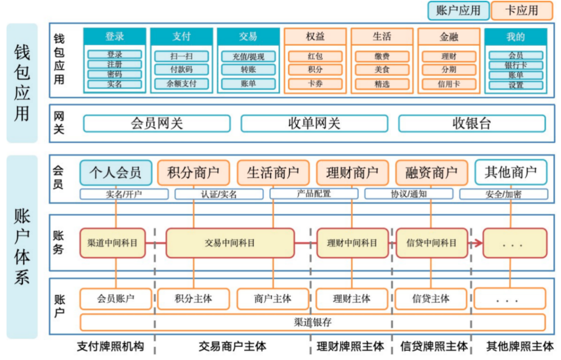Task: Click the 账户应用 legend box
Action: (458, 10)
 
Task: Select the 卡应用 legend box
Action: (522, 10)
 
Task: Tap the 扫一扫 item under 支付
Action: (181, 56)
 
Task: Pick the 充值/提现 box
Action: (248, 56)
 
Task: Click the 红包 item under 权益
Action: (315, 56)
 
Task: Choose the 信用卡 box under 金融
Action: (449, 84)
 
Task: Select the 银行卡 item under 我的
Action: (516, 65)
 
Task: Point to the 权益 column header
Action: (315, 36)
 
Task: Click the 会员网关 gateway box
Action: (157, 124)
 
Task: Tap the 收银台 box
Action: (472, 124)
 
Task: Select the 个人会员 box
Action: (115, 172)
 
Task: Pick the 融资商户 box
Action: (432, 172)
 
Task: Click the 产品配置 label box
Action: (314, 194)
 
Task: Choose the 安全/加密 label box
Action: (503, 194)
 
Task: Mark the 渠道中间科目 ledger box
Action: (113, 243)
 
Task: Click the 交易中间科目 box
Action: (230, 243)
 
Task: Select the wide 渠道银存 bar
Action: (313, 323)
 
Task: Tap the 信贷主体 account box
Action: (431, 299)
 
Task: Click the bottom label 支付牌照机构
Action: (111, 346)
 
